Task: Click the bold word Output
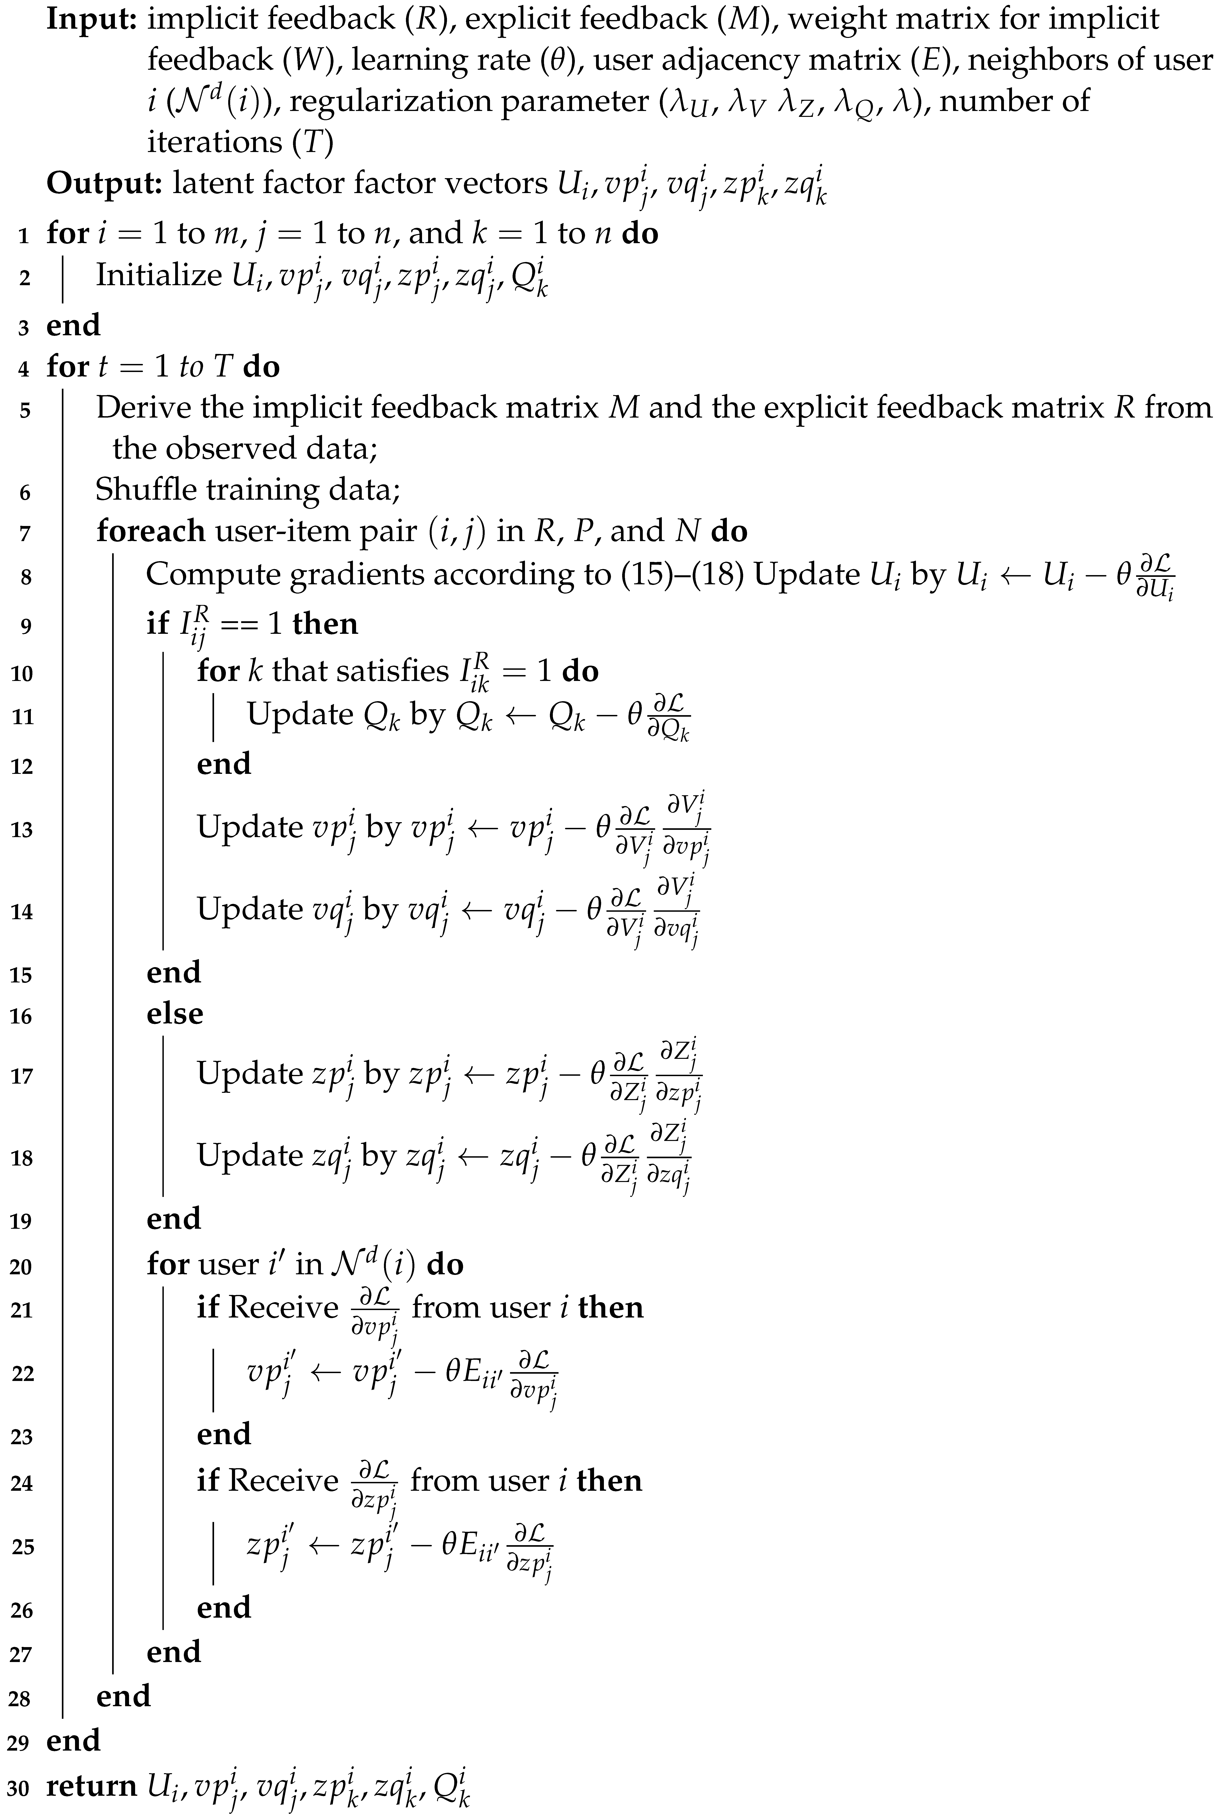click(103, 184)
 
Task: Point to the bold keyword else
click(175, 1014)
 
